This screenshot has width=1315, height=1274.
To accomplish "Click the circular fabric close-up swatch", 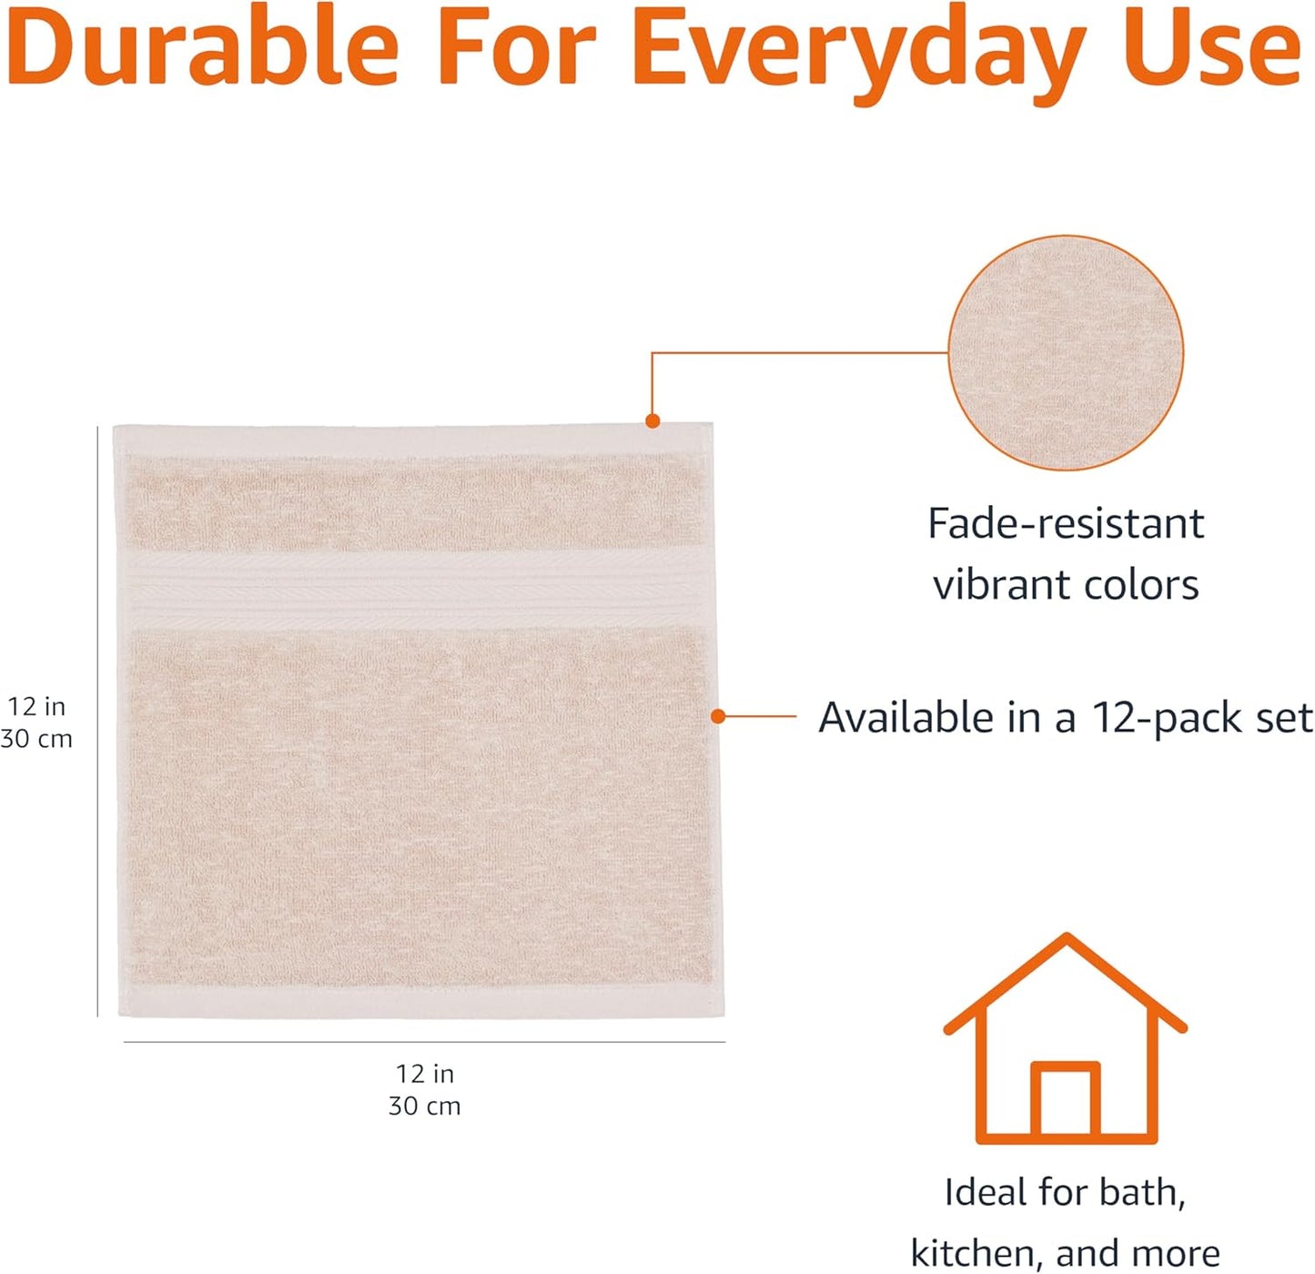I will coord(1066,353).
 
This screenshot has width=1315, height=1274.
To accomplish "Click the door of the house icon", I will coord(1066,1101).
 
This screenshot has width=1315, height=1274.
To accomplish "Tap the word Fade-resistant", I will coord(1066,524).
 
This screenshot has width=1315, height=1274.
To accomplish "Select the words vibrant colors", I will coord(1066,585).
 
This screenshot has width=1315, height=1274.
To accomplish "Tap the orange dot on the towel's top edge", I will coord(652,420).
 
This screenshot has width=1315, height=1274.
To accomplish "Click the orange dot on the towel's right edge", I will coord(718,717).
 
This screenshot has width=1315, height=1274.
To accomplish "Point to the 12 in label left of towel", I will coord(36,706).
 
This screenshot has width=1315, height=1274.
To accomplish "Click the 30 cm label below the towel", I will coord(425,1107).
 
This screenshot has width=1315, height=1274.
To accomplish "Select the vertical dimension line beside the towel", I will coord(97,719).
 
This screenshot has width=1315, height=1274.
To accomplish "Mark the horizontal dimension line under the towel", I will coord(424,1042).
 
